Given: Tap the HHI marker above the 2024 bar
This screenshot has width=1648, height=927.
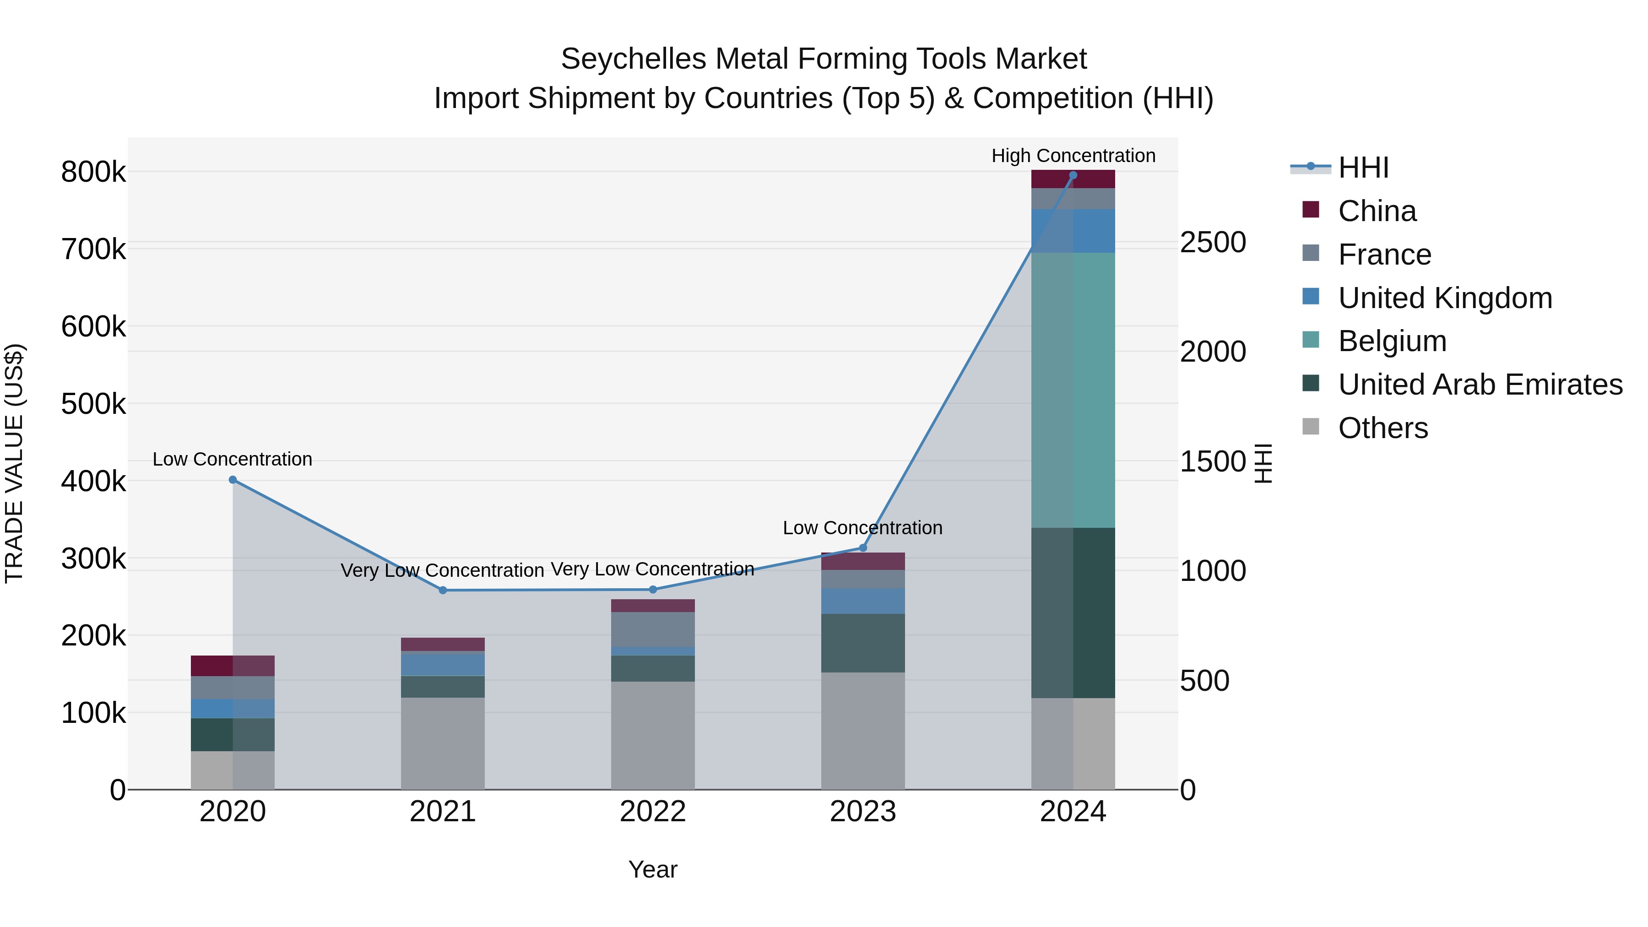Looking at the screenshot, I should click(1073, 175).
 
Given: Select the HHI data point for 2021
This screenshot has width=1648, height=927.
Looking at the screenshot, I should click(443, 590).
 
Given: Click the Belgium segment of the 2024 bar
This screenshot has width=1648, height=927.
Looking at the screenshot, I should click(1073, 390).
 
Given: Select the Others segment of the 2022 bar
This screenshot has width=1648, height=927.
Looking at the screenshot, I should click(652, 735).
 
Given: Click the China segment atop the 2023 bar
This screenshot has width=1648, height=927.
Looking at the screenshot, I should click(862, 561).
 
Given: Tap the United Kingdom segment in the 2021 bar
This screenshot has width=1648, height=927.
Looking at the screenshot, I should click(443, 664).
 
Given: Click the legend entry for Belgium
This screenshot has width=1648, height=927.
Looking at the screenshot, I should click(1392, 341).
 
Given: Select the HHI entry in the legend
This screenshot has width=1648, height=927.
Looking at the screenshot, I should click(1363, 168).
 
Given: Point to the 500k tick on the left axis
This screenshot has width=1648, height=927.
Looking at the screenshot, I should click(93, 404).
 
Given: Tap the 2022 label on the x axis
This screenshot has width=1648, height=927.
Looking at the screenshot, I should click(652, 812).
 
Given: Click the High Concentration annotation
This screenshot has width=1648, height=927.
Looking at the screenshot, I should click(1073, 156).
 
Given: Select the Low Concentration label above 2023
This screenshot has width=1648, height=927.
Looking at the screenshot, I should click(862, 528).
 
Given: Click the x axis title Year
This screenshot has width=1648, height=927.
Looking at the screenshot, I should click(652, 869).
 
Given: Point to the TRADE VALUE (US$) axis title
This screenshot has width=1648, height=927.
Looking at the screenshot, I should click(14, 463).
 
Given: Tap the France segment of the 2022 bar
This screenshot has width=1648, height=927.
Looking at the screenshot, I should click(652, 629).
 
